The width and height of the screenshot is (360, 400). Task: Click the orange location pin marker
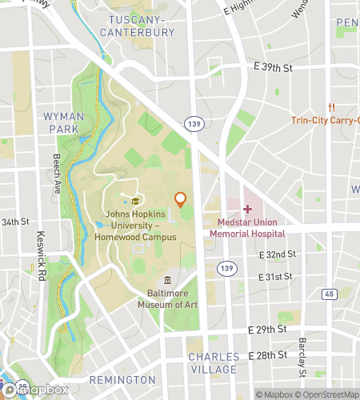[x=181, y=199]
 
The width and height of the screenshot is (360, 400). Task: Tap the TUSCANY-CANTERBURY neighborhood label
[x=138, y=26]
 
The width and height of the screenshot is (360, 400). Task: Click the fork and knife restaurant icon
[x=330, y=107]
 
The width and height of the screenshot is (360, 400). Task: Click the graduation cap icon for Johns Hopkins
[x=136, y=201]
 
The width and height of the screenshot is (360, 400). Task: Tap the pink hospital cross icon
[x=247, y=208]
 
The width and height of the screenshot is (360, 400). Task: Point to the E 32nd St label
[x=278, y=254]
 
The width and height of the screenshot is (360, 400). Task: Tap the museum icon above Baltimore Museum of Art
[x=167, y=280]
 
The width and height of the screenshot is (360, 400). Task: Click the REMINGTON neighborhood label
[x=122, y=378]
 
